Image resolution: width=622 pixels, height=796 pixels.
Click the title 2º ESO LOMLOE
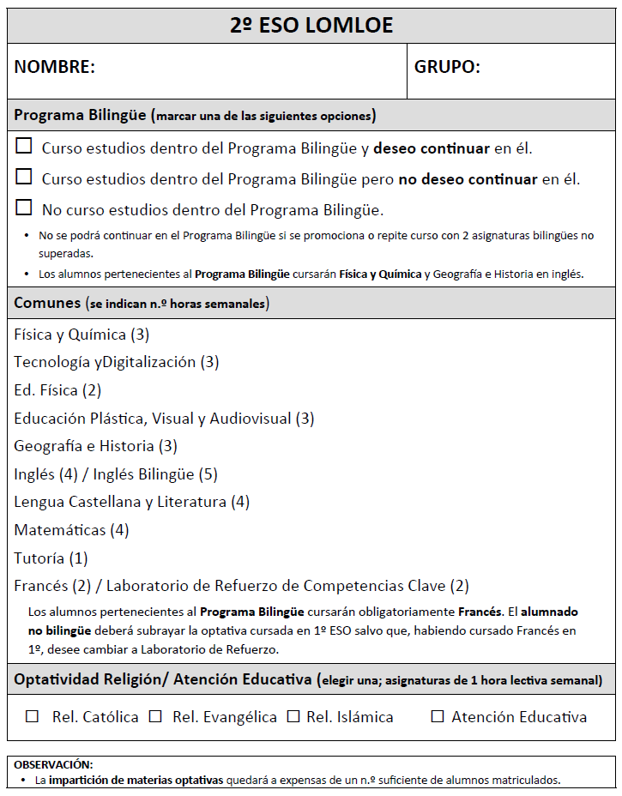311,26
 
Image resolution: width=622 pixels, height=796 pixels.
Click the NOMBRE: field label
55,67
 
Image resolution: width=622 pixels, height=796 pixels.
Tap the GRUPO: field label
447,67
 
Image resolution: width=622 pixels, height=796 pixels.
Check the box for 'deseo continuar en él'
24,147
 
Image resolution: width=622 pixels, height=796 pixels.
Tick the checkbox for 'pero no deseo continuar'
24,178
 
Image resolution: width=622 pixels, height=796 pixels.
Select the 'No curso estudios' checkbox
24,208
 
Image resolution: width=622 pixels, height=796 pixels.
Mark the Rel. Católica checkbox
33,716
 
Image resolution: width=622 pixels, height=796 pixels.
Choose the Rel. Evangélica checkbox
155,716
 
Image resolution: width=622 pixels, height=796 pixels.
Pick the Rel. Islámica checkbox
293,716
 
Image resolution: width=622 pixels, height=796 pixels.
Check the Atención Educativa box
438,716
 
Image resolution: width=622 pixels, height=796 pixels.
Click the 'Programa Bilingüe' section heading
82,115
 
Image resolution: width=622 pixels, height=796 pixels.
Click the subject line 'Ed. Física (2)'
57,390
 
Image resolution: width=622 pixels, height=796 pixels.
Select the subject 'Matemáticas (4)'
71,530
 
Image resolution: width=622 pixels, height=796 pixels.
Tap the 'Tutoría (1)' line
51,558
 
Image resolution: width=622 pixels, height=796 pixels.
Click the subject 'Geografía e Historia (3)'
95,446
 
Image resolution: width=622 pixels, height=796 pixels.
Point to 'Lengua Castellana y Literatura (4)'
131,502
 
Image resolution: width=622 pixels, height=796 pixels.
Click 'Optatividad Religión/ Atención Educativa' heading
162,680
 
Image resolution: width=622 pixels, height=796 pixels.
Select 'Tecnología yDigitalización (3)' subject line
116,362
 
